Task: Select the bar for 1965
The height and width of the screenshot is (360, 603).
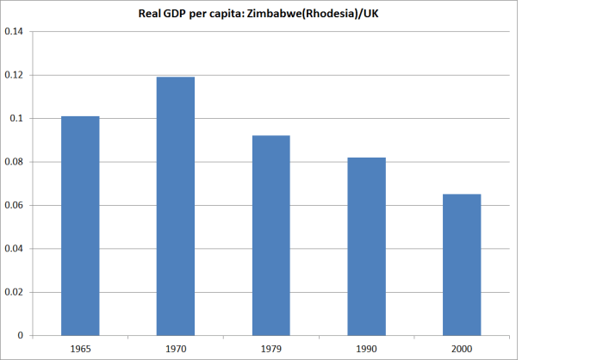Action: click(80, 226)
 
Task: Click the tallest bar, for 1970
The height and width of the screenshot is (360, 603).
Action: click(176, 206)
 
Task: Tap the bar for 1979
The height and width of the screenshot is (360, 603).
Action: click(270, 235)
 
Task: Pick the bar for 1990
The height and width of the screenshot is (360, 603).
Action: click(366, 246)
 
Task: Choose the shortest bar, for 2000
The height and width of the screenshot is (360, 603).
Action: click(462, 264)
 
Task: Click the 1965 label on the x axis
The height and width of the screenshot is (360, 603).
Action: click(80, 349)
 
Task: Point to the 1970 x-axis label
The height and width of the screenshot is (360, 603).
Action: click(176, 349)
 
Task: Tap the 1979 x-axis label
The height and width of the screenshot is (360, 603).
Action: click(270, 349)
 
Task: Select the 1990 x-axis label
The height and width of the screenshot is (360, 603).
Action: click(366, 349)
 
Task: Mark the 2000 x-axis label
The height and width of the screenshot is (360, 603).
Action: click(462, 349)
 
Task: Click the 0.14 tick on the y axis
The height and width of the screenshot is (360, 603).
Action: click(14, 32)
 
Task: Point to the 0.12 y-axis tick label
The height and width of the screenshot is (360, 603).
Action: click(14, 75)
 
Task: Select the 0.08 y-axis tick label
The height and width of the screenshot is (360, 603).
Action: click(14, 162)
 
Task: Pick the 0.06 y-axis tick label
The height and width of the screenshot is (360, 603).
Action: click(14, 205)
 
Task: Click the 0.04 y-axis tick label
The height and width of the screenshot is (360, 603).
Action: click(14, 249)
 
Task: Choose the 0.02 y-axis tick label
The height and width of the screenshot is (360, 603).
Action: click(14, 292)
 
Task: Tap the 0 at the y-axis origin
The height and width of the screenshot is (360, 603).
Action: click(22, 335)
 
